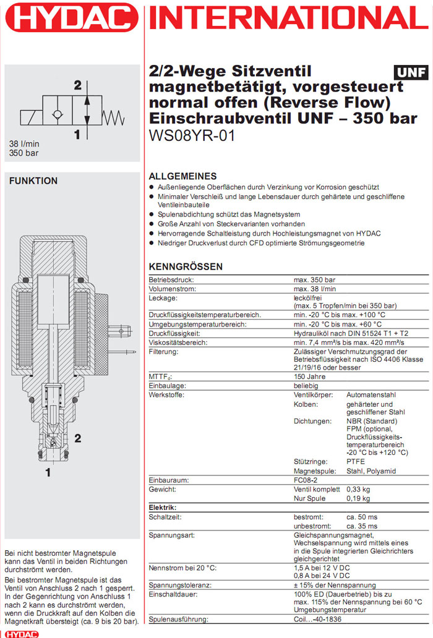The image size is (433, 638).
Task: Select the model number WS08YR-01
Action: pos(192,136)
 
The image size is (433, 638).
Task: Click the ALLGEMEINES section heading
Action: pos(183,176)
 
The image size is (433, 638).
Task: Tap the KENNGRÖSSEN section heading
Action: pos(186,267)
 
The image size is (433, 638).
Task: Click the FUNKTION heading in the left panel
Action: pos(33,181)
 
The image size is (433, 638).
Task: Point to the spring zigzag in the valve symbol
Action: pos(113,115)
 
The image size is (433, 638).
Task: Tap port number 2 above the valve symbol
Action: pos(78,85)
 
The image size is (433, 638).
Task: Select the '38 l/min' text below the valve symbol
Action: pos(23,143)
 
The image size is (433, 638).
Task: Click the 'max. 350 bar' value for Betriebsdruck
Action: pos(314,280)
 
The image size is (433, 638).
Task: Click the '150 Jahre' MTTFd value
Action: pos(310,376)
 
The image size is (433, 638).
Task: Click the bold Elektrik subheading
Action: pos(163,507)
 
